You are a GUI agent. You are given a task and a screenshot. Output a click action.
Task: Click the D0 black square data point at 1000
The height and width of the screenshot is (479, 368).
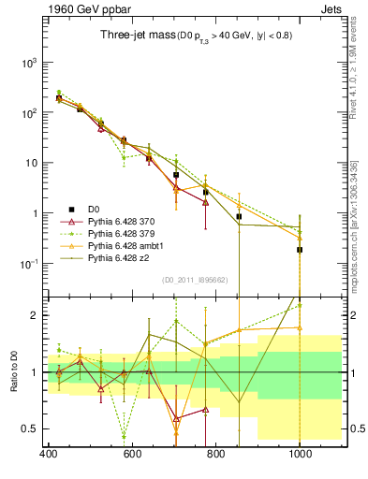300,250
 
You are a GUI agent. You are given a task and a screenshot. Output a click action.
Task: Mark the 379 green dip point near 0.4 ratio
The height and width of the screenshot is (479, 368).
124,436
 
